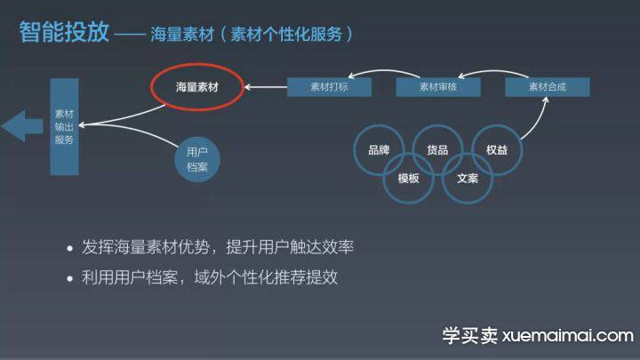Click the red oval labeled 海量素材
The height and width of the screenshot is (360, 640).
point(197,65)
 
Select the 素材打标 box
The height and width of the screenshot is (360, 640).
point(329,87)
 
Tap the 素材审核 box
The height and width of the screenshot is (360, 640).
point(438,87)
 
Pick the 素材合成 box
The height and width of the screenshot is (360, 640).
point(548,87)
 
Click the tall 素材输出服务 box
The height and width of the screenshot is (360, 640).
point(65,127)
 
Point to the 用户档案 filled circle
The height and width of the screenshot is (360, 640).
point(197,159)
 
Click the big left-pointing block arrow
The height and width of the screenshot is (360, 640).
point(22,126)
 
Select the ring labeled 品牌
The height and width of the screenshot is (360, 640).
point(354,150)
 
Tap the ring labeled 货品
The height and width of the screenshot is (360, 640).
point(437,125)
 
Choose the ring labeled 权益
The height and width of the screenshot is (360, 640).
point(522,150)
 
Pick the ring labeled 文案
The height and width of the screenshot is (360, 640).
point(468,203)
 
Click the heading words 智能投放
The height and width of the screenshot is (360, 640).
point(64,32)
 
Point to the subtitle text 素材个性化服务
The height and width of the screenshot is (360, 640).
point(286,35)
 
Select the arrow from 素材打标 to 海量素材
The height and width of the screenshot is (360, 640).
point(266,87)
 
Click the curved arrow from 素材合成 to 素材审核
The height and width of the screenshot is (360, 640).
point(493,72)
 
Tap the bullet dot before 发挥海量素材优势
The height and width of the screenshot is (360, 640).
point(70,248)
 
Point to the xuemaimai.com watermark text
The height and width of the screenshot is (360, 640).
point(568,335)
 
